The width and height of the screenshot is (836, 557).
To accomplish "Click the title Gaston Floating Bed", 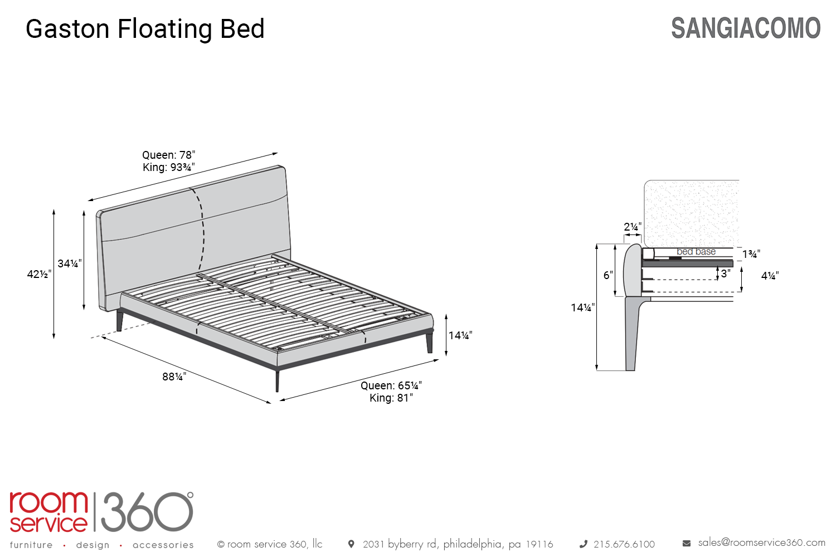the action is (145, 29).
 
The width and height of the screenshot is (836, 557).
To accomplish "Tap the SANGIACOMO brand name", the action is (746, 28).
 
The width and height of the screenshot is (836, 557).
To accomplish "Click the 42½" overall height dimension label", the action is (39, 274).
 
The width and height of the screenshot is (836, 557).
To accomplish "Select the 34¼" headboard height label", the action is (70, 264).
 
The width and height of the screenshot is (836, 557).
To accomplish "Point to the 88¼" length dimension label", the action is (174, 377).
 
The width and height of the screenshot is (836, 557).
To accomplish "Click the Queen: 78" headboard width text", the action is (169, 155).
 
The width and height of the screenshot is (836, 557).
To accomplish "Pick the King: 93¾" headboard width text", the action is (169, 167).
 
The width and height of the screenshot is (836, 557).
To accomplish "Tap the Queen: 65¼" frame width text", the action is (391, 385).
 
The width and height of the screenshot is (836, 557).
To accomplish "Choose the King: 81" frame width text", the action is (391, 398).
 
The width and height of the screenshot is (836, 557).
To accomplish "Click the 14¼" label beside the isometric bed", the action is (460, 335).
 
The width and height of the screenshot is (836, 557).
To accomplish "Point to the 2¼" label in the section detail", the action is (633, 227).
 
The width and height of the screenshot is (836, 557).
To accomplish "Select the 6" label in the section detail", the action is (608, 275).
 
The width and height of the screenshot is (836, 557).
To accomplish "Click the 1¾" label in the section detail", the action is (751, 254).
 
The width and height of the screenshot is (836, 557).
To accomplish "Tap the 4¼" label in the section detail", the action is (770, 276).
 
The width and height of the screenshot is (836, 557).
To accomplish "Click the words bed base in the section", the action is (696, 251).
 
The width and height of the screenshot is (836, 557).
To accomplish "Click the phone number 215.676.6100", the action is (624, 544).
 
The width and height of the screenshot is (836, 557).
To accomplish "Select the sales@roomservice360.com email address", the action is (762, 543).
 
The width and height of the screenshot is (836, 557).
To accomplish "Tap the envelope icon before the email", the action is (686, 543).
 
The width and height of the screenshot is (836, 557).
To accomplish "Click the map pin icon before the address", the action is (351, 544).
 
